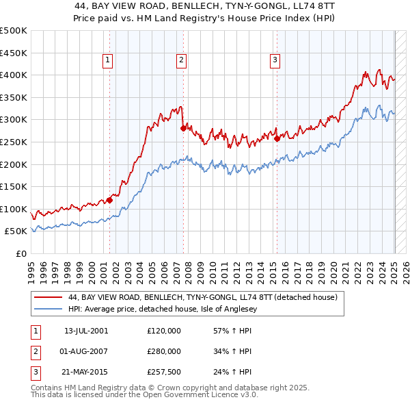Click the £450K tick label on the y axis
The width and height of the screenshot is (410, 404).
pos(13,53)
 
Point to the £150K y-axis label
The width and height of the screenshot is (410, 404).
pos(13,186)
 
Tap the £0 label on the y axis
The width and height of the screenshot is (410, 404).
pos(20,253)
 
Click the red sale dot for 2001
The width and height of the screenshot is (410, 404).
pos(109,200)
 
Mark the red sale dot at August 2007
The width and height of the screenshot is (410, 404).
pos(183,128)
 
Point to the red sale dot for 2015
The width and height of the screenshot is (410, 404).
pos(277,138)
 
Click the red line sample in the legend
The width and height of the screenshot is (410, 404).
pos(49,298)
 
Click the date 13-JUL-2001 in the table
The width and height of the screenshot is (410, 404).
pos(86,331)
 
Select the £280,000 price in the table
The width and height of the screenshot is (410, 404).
pos(164,351)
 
